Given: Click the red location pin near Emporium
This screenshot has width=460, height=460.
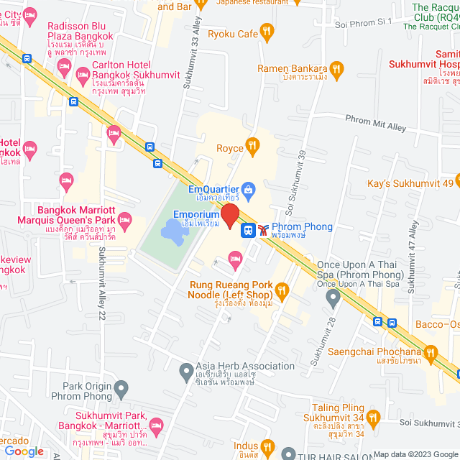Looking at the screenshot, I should [229, 215].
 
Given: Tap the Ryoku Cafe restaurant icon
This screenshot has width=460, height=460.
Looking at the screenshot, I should [267, 33].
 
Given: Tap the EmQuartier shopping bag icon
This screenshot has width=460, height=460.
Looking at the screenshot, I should [248, 190].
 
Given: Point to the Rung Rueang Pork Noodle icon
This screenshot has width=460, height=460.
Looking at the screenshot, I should [282, 290].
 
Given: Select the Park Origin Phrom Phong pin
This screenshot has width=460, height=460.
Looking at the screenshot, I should [121, 390].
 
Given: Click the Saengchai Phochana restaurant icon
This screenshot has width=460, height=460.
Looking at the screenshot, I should [431, 352].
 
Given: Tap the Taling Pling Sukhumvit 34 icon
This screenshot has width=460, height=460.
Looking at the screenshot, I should [372, 417].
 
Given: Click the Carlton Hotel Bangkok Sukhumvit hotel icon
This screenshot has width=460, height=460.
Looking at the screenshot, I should [63, 68].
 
